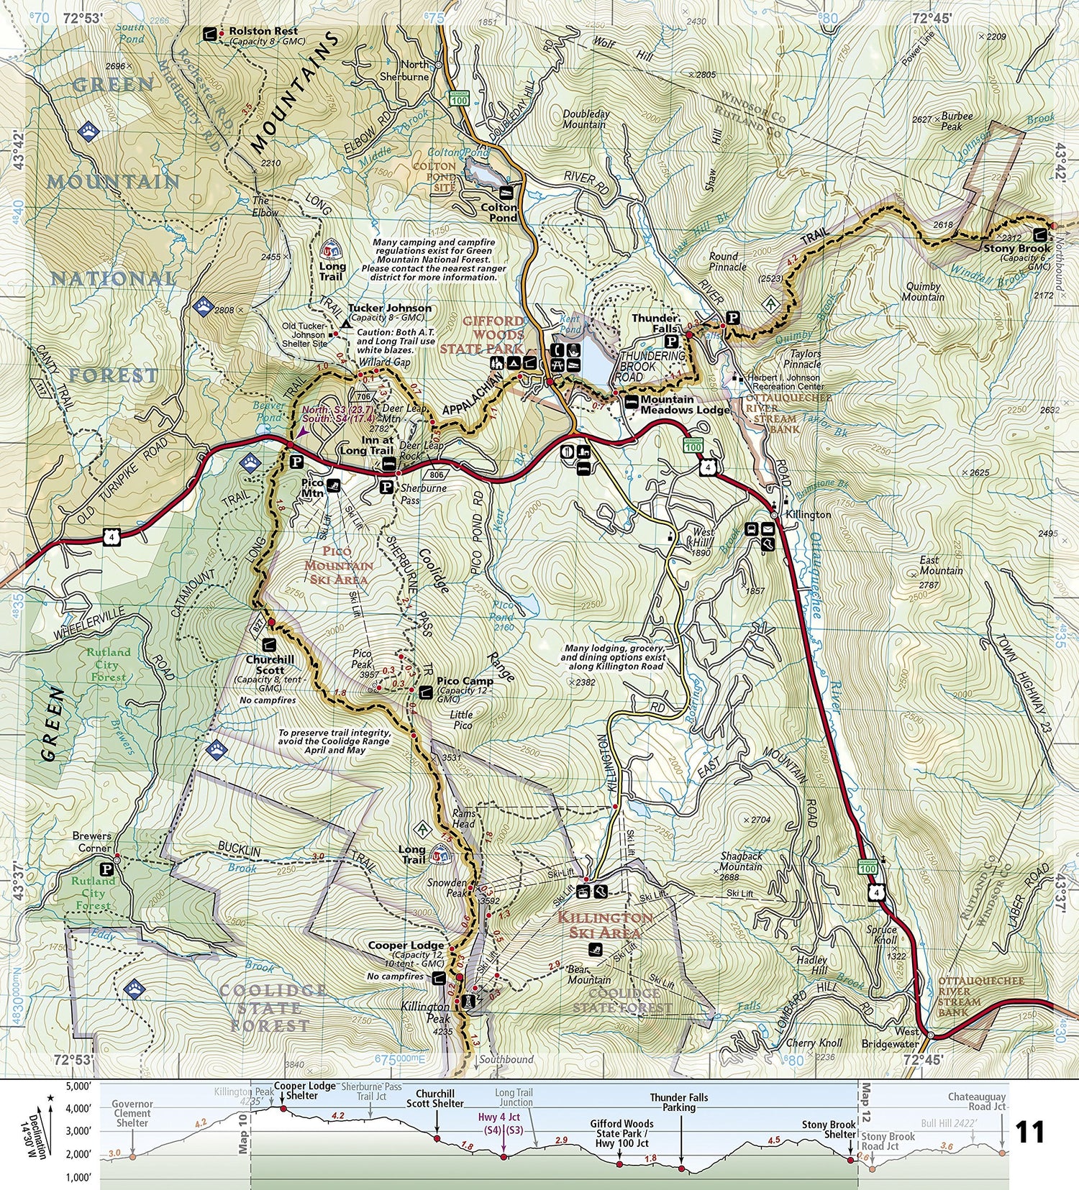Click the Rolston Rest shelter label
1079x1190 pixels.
263,32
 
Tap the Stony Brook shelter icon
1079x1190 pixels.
1040,234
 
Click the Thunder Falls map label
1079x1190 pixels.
655,323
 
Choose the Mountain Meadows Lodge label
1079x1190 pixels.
683,405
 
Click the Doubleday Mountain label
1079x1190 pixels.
586,119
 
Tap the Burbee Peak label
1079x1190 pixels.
957,121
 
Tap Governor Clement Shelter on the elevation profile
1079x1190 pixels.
132,1113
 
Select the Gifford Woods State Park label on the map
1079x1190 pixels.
493,335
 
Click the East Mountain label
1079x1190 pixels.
941,565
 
